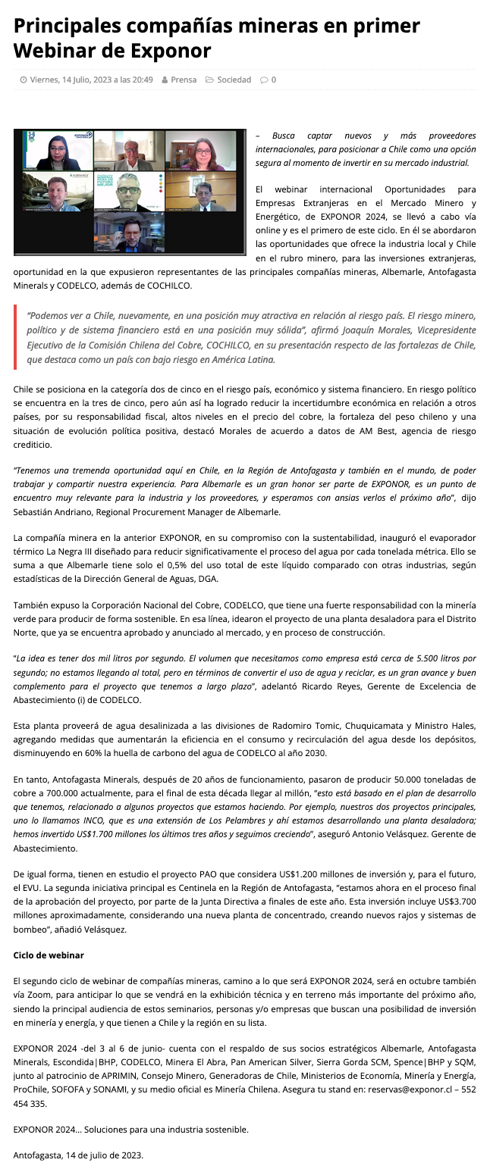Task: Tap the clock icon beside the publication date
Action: point(24,80)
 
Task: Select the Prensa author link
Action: point(184,80)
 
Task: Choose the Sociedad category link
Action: point(234,80)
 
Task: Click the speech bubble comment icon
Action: point(263,80)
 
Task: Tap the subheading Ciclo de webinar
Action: point(49,955)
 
